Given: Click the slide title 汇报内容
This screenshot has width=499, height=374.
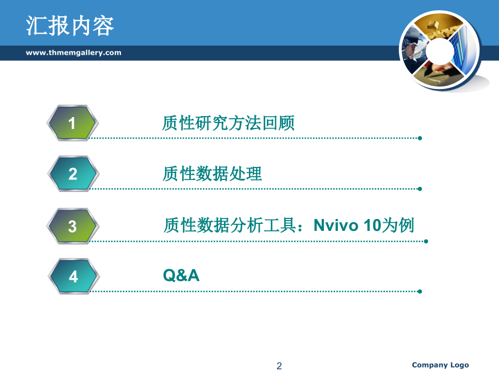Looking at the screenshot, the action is pyautogui.click(x=69, y=25).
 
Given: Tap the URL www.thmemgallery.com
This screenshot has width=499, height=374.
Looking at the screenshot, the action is pyautogui.click(x=74, y=53).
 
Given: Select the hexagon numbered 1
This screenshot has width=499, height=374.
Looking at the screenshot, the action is pyautogui.click(x=72, y=122).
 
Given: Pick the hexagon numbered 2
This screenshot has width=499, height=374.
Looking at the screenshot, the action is pyautogui.click(x=73, y=173).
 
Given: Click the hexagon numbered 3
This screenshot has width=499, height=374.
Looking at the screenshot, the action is pyautogui.click(x=73, y=226).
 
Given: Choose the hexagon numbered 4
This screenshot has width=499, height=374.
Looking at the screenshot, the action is pyautogui.click(x=74, y=276).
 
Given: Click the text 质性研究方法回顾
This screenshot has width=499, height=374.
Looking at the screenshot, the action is pyautogui.click(x=228, y=123).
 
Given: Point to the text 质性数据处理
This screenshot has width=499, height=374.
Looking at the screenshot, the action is pyautogui.click(x=212, y=173).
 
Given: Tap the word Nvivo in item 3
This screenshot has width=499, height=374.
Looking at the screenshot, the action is pyautogui.click(x=336, y=225).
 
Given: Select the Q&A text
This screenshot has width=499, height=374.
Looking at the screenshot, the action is pyautogui.click(x=181, y=275).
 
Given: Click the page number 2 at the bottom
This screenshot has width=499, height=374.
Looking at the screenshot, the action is pyautogui.click(x=279, y=366).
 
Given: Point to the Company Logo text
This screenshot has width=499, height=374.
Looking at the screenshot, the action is pyautogui.click(x=440, y=365).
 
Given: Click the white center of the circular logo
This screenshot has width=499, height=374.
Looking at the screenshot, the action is pyautogui.click(x=439, y=51).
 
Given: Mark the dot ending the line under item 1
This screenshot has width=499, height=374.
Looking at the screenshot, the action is pyautogui.click(x=420, y=138).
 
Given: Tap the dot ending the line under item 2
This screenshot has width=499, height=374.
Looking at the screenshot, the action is pyautogui.click(x=420, y=189).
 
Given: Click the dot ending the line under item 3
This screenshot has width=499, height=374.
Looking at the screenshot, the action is pyautogui.click(x=426, y=241).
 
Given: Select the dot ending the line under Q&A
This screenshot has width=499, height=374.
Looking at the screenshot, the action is pyautogui.click(x=420, y=291).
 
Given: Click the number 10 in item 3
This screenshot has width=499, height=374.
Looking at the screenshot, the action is pyautogui.click(x=372, y=225).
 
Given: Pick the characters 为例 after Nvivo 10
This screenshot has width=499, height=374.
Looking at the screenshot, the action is pyautogui.click(x=398, y=225).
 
